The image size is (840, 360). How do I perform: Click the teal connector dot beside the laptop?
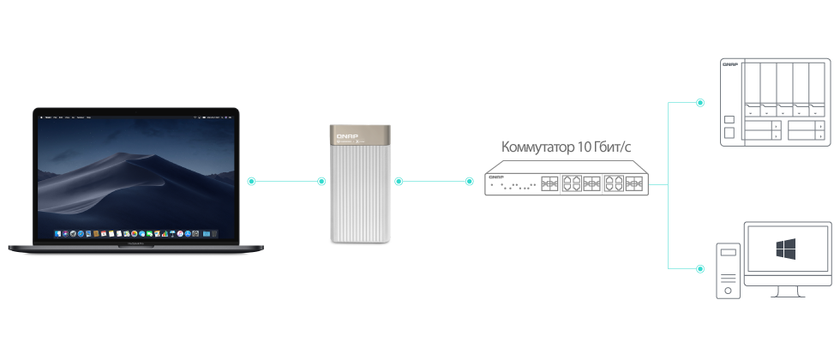pos(251,181)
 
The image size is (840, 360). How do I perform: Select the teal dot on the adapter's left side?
pos(321,181)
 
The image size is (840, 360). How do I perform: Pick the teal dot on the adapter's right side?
pos(399,181)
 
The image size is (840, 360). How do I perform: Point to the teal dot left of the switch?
pos(469,181)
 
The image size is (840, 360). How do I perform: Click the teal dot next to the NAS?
pos(700,103)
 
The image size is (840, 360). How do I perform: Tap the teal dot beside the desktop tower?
pos(700,269)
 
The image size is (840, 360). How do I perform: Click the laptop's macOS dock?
pos(138,233)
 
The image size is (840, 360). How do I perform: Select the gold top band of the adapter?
pos(361,135)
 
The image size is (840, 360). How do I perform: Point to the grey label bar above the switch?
pos(567,147)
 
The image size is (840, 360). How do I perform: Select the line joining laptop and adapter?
pos(286,181)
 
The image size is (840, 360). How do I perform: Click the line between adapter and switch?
pos(434,181)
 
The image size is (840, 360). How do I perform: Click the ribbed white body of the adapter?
pos(361,193)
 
